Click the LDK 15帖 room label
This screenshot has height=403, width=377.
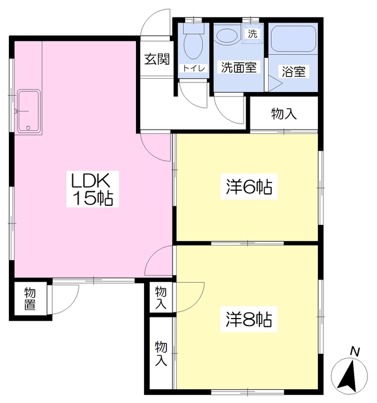point(93,189)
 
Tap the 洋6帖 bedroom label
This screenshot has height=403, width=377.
point(249,187)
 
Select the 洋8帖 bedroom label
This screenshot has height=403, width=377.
point(249,319)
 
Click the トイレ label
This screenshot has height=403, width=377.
point(194,69)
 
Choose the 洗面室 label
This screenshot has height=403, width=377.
point(239,67)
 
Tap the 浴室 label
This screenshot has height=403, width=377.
point(293,71)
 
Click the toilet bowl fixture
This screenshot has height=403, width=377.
point(194,42)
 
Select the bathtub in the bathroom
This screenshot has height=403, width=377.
point(293,38)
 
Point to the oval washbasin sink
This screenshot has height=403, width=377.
point(227,35)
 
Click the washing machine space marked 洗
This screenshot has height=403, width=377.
point(252,33)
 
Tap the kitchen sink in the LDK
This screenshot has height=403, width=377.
point(28,111)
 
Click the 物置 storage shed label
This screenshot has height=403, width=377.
point(30,299)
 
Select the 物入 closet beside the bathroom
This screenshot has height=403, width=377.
point(284,114)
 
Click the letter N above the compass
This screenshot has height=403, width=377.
point(355,351)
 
